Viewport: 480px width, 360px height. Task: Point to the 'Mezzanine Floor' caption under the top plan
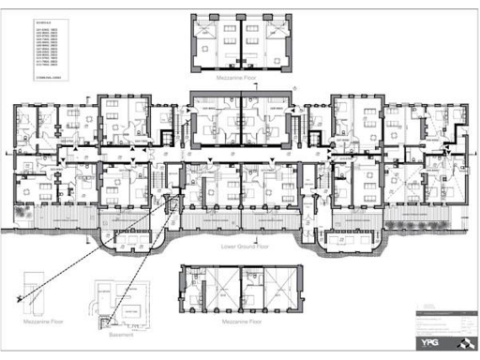pyautogui.click(x=242, y=81)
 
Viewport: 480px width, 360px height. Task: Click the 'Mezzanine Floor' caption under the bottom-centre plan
pyautogui.click(x=242, y=321)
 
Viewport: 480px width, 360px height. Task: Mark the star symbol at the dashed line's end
pyautogui.click(x=19, y=297)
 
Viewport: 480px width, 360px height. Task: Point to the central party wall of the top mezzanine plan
pyautogui.click(x=242, y=41)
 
